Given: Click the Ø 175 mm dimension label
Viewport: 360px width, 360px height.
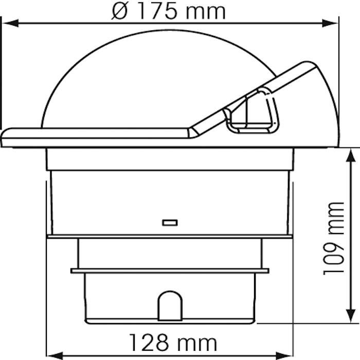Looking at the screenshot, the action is point(169,11).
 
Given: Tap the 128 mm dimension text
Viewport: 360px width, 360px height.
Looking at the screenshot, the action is point(173,343).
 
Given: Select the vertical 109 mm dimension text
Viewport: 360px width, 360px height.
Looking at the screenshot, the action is point(334,239).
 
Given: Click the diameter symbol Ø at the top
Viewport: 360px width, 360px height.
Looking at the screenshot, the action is point(119,11).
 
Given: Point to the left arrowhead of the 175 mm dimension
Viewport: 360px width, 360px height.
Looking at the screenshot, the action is point(11,23).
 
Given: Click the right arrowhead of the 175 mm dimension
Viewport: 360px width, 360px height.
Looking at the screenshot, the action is point(330,23).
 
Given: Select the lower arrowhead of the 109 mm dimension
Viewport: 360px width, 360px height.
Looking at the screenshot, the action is point(351,315).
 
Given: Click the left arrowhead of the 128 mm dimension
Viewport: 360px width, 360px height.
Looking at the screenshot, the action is point(55,356).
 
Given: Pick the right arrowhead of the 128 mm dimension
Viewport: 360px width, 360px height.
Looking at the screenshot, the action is point(284,356).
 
